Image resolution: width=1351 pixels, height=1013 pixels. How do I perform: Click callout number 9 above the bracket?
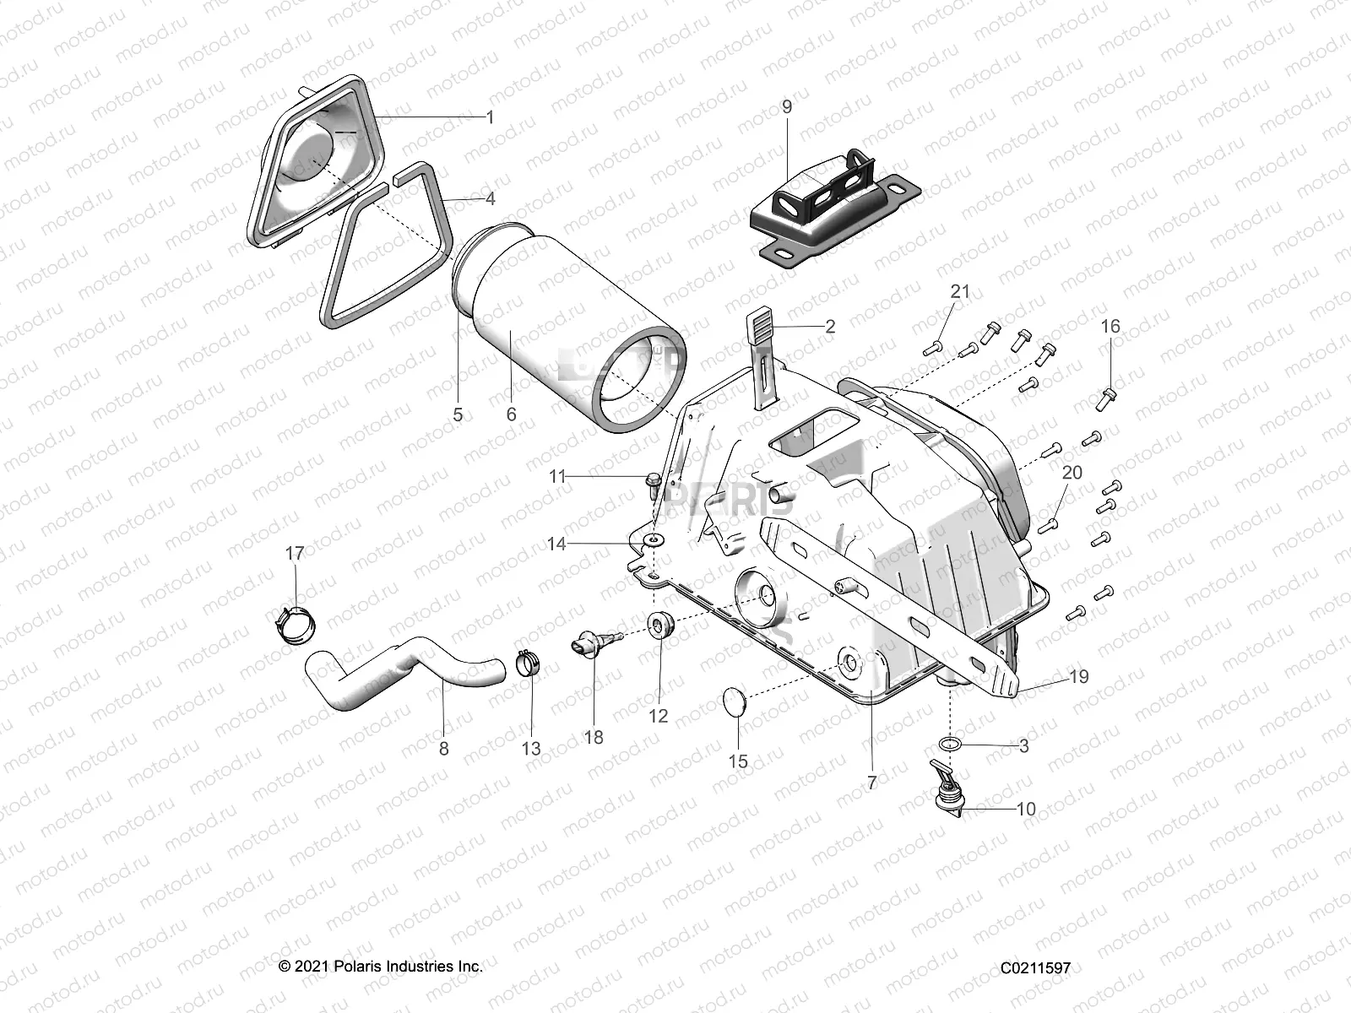[x=787, y=106]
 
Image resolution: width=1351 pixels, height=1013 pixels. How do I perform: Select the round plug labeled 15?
[x=737, y=702]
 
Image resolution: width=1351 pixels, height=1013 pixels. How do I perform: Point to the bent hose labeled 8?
[x=405, y=674]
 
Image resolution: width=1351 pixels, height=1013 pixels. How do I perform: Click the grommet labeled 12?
[x=659, y=626]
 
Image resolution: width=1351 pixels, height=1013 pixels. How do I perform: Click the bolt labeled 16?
[x=1109, y=396]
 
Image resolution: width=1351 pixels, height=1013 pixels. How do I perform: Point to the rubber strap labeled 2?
[x=762, y=355]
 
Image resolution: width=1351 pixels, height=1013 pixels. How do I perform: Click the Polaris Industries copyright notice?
[x=381, y=967]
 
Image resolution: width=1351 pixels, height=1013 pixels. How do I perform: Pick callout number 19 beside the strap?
[x=1078, y=676]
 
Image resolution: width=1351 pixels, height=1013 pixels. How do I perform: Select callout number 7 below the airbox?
[x=872, y=782]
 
